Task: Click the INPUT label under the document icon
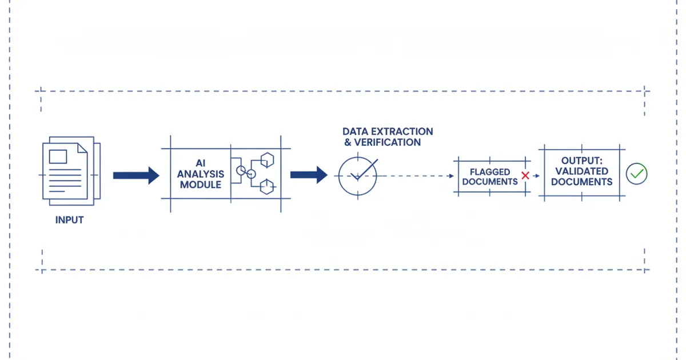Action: point(70,219)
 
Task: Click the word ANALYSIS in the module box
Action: point(201,174)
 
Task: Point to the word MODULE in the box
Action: point(201,185)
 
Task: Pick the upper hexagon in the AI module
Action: point(267,159)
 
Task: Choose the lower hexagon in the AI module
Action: point(267,186)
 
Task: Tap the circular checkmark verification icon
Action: point(357,175)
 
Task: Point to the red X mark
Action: point(525,175)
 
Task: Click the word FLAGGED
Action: point(490,171)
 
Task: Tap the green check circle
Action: point(636,173)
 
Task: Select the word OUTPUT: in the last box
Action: point(582,161)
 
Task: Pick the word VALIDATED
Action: point(582,171)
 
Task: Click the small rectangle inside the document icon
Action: point(58,156)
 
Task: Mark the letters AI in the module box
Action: point(201,163)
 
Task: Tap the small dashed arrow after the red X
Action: point(536,175)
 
